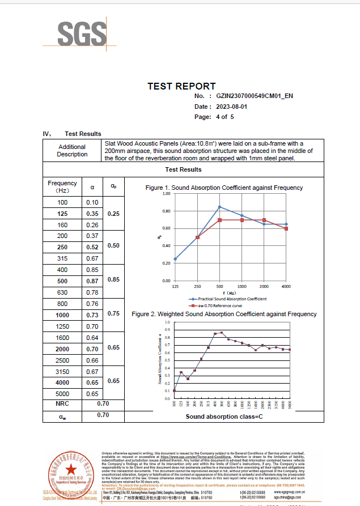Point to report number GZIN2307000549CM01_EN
(255, 96)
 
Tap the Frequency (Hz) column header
(62, 186)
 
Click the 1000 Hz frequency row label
(62, 315)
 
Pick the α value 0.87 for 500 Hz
(92, 281)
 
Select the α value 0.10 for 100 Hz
(92, 202)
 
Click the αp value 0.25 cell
(114, 214)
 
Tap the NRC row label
(62, 403)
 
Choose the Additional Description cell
(72, 151)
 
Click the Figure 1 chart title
(224, 188)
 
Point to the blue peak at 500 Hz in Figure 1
(219, 207)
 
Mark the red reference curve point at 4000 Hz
(286, 228)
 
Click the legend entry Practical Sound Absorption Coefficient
(228, 299)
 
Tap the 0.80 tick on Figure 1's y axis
(166, 211)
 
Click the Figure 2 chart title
(224, 314)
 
